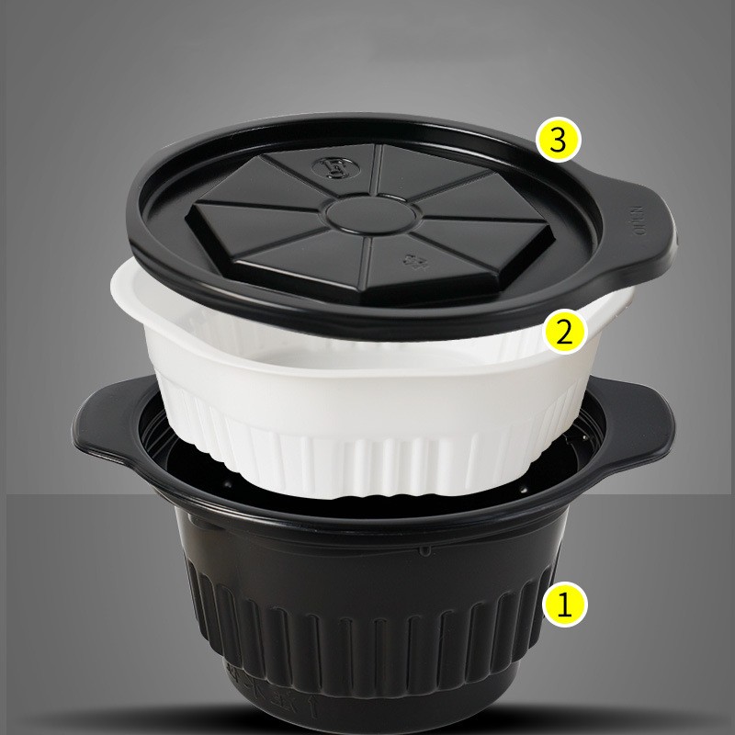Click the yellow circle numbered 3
[560, 141]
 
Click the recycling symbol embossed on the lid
[411, 260]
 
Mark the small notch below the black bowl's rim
[425, 552]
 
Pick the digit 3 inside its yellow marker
[560, 141]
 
